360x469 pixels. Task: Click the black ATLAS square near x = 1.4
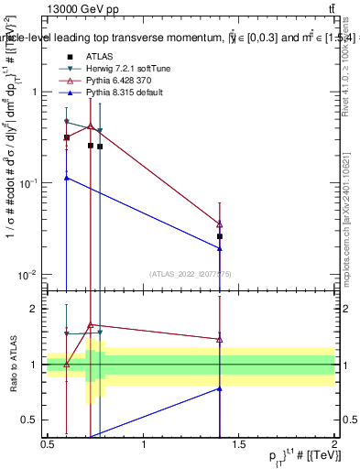(220, 236)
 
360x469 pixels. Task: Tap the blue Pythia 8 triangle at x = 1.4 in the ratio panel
(220, 388)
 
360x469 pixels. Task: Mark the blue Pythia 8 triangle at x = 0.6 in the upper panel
(66, 178)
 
